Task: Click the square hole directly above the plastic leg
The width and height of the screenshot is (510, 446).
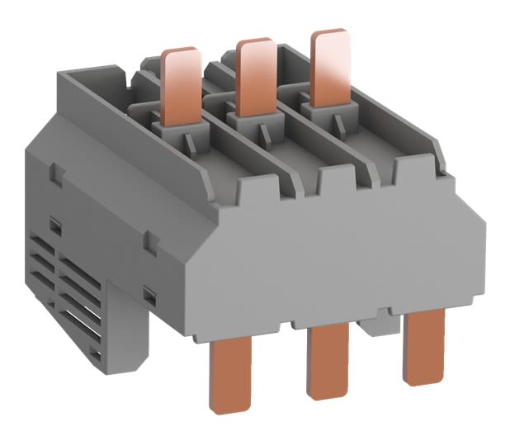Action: click(149, 292)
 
